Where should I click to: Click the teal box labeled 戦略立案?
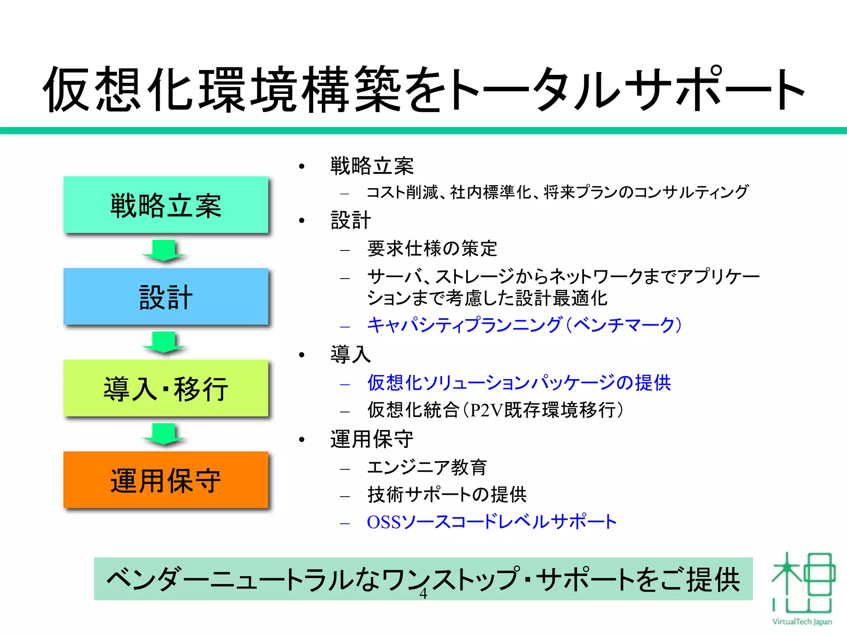pos(166,205)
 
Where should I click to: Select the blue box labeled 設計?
pos(166,297)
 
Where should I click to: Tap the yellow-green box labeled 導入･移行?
pos(166,389)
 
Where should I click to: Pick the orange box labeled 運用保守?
pos(166,480)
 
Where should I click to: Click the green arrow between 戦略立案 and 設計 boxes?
pos(164,251)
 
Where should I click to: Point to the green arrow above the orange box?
pos(164,434)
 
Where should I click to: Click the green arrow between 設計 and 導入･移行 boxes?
pos(164,342)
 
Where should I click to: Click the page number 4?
pos(423,594)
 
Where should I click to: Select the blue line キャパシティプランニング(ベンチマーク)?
pos(524,325)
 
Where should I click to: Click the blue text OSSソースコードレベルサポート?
pos(492,522)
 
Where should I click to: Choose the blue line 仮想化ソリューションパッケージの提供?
pos(519,383)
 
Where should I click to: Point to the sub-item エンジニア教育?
pos(427,468)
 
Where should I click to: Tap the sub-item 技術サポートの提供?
pos(447,495)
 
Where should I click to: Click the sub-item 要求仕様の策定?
pos(432,249)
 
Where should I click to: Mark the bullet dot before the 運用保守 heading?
pos(302,440)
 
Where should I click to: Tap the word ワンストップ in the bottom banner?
pos(451,579)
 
